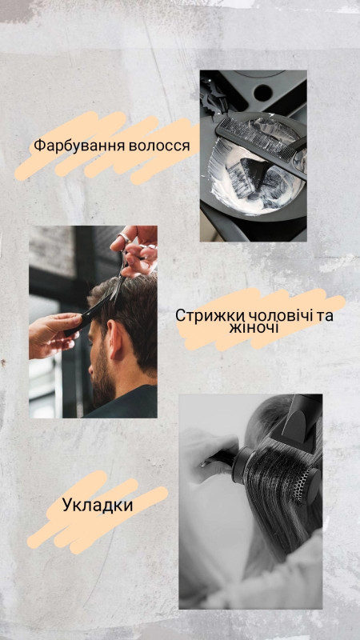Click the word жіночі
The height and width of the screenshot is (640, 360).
(254, 328)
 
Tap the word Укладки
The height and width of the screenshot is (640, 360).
(98, 506)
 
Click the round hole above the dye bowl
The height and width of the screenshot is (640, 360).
(263, 93)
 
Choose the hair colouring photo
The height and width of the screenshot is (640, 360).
(254, 155)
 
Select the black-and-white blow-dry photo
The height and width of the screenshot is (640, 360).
(250, 502)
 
